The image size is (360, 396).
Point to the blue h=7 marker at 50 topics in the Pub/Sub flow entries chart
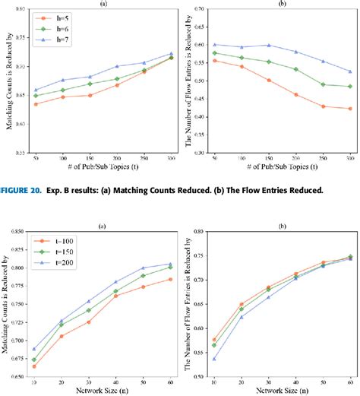(215, 45)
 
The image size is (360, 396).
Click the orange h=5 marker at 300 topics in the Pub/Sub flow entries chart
(349, 109)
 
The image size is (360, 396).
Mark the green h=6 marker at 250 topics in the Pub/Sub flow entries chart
(322, 84)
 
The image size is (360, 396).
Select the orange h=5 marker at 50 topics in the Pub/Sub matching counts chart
(37, 104)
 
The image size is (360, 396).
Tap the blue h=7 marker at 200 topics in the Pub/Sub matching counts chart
(116, 66)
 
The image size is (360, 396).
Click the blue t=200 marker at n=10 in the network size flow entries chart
(215, 359)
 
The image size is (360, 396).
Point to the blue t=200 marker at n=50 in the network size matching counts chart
(142, 268)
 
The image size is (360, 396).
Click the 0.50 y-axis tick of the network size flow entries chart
(200, 376)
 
